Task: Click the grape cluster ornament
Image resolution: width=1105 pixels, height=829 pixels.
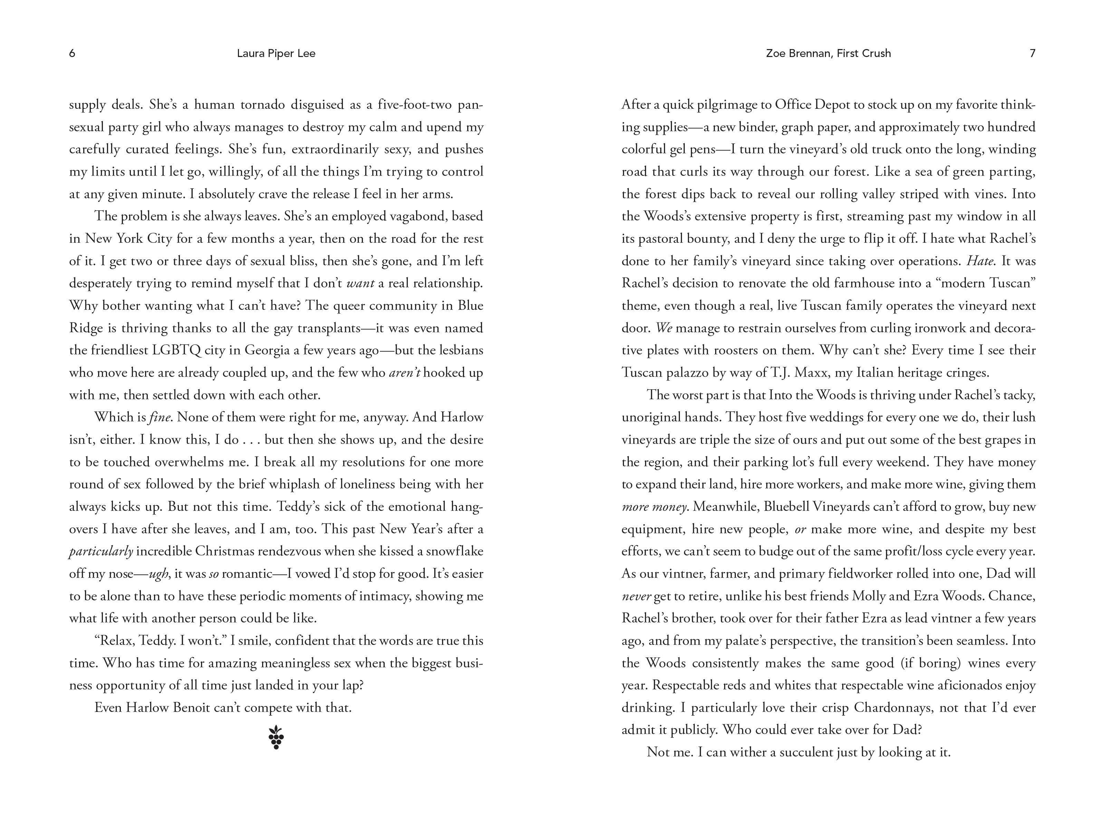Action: click(276, 737)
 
